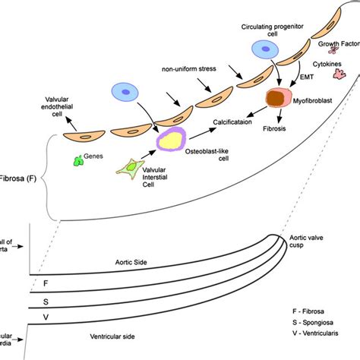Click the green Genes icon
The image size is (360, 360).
coord(77,161)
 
